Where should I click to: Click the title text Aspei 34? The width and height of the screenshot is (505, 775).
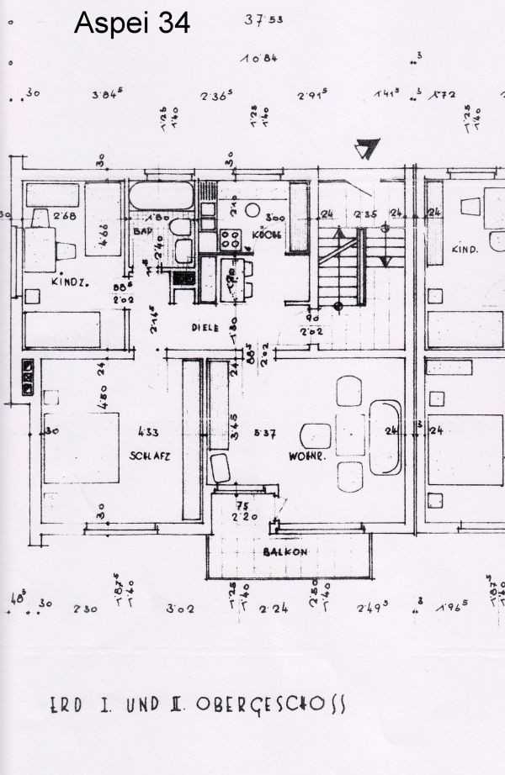click(x=132, y=24)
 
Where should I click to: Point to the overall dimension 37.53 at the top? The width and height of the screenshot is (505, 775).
click(x=263, y=20)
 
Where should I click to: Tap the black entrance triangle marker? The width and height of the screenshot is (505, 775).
click(x=365, y=150)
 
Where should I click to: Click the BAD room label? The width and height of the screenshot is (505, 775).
click(x=141, y=229)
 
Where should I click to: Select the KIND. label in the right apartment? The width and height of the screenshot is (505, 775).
click(x=465, y=250)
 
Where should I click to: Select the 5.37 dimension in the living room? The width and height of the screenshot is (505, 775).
click(x=266, y=434)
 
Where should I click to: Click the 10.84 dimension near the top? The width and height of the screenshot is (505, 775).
click(x=259, y=58)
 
